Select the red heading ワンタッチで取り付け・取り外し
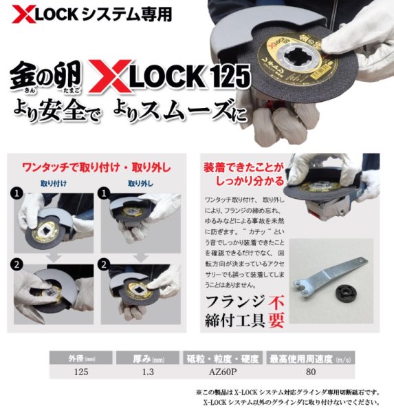pyautogui.click(x=96, y=167)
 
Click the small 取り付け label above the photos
pyautogui.click(x=54, y=184)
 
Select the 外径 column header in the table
pyautogui.click(x=76, y=359)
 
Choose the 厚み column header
pyautogui.click(x=142, y=359)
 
